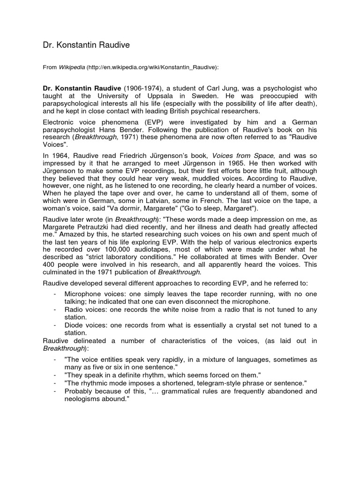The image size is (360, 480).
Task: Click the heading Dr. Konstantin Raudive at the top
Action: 86,45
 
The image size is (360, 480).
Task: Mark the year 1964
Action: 63,155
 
